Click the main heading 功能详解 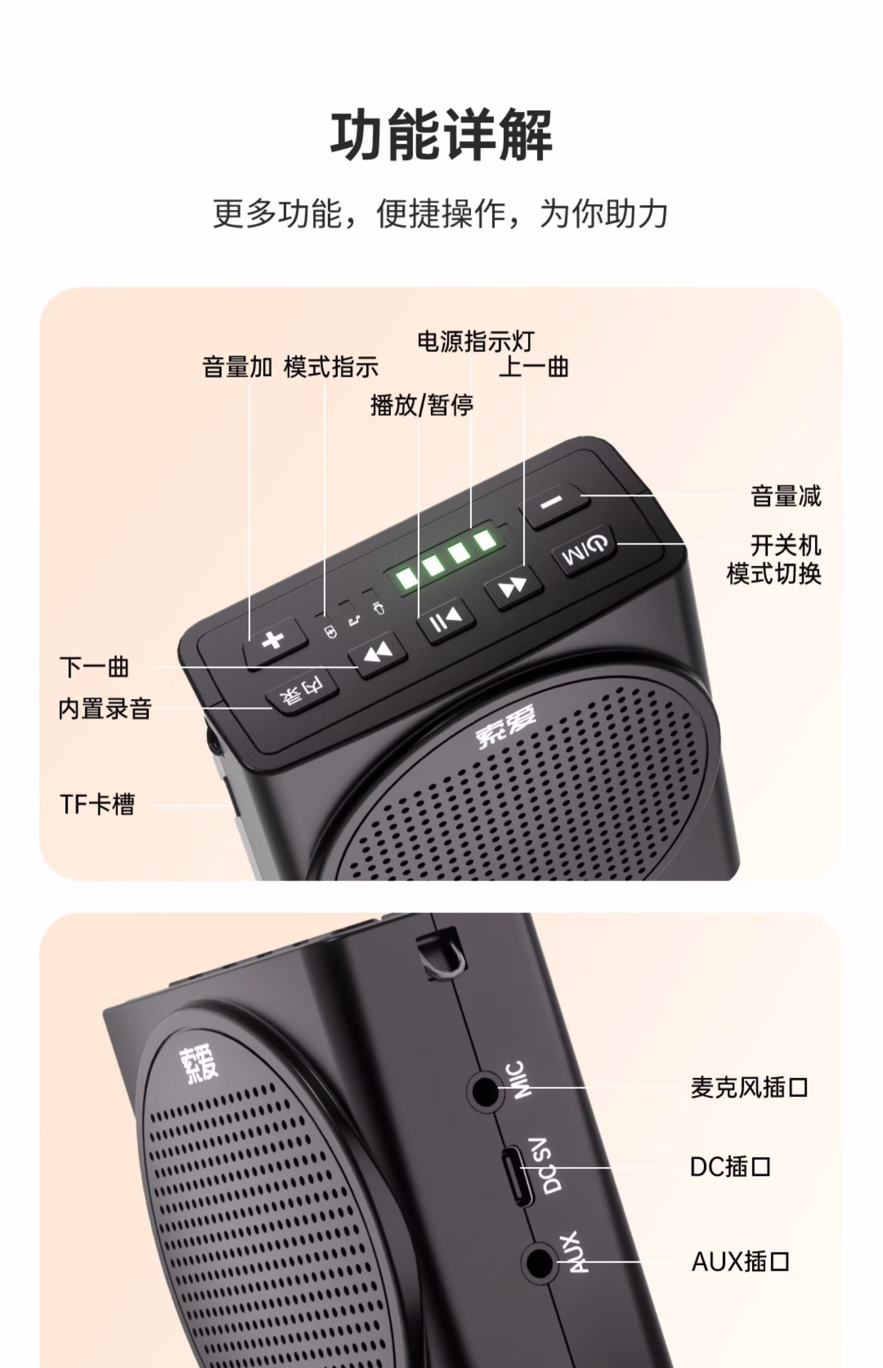(441, 135)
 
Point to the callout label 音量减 (786, 496)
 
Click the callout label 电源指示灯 (476, 341)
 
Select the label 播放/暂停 (421, 405)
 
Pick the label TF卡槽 (97, 804)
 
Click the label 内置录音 (105, 708)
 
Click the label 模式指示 (331, 367)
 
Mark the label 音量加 (237, 367)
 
